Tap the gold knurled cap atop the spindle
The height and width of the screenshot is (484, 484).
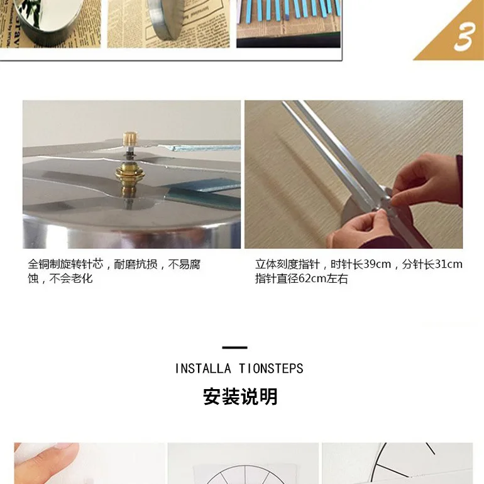130,138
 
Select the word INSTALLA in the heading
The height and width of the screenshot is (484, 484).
203,368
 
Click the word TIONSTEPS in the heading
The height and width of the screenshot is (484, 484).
271,368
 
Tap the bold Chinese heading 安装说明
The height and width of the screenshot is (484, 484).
240,397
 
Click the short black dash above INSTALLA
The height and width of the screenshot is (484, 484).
234,348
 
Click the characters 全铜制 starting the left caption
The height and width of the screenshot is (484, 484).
44,264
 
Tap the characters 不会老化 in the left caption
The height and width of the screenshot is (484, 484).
71,278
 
